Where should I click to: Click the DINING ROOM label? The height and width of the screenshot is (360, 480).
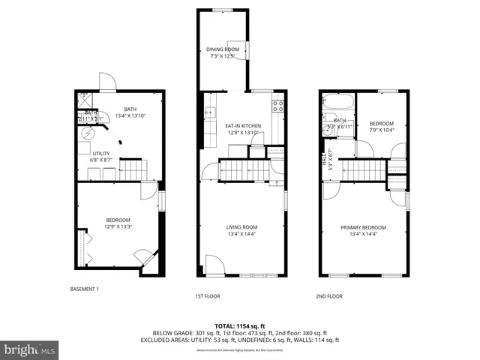tap(223, 49)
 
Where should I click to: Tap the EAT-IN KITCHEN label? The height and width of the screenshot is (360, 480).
tap(242, 125)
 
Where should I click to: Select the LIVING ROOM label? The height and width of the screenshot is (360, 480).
tap(242, 227)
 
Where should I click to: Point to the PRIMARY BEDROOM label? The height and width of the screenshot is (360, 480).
tap(363, 227)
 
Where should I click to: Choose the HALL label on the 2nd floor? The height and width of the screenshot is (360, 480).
tap(325, 159)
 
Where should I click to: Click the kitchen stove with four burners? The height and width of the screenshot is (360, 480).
tap(277, 106)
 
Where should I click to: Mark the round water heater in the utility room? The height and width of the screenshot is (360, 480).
tap(88, 133)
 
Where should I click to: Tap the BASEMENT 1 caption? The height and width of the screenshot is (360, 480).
tap(84, 289)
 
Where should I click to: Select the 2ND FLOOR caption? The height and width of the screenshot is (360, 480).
tap(328, 296)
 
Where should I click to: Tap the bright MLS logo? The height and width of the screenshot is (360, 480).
tap(30, 349)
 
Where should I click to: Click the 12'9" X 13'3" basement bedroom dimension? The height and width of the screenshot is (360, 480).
tap(118, 226)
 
